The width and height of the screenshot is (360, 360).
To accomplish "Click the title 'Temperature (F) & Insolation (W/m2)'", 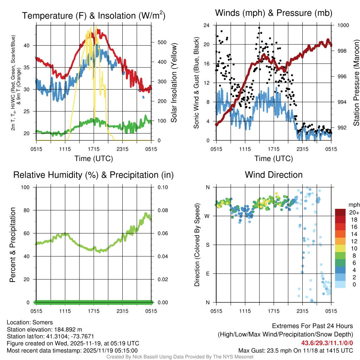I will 94,15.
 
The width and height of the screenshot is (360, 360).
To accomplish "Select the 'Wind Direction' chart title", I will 274,175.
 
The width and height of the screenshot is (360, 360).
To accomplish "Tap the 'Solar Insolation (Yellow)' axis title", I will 174,83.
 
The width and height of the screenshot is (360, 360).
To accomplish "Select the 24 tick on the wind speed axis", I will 207,25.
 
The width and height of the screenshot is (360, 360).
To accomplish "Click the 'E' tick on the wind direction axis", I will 208,274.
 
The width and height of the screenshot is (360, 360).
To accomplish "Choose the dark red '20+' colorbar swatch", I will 341,212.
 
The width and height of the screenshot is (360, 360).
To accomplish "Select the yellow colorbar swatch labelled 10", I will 341,248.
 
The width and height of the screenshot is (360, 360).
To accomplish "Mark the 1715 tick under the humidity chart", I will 94,311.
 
